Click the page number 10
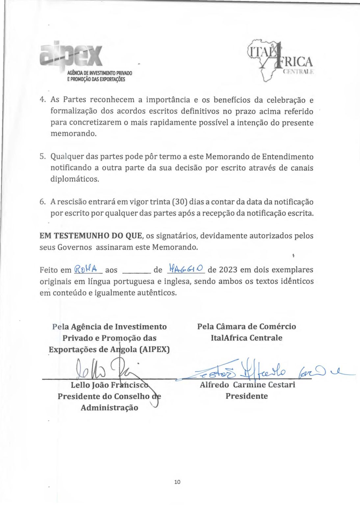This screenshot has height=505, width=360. point(177,482)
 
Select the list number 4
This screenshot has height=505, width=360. point(43,100)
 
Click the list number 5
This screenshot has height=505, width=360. point(43,156)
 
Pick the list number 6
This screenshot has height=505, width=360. point(43,202)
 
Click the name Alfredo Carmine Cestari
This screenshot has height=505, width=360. point(247,384)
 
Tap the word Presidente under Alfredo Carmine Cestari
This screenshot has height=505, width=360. point(246,396)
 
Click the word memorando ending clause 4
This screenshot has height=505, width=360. point(73,134)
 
